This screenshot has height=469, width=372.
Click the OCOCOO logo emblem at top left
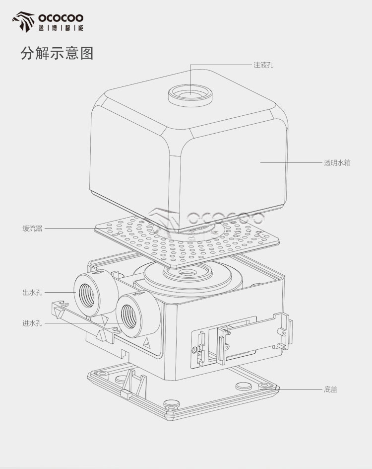point(23,21)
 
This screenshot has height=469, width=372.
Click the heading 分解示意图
point(57,53)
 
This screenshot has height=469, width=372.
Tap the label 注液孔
point(263,65)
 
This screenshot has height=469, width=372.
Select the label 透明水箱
point(337,163)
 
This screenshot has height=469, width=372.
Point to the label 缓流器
point(33,229)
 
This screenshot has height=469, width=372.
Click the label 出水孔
point(33,292)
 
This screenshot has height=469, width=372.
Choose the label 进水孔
point(33,323)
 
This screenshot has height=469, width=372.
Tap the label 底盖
point(330,390)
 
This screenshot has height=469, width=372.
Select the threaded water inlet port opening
point(129,317)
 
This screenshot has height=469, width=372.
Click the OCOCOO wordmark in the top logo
point(61,18)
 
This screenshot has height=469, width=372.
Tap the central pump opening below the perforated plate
point(187,272)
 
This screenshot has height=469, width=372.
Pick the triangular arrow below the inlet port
point(147,342)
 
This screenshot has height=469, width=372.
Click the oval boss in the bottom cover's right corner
point(244,387)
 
